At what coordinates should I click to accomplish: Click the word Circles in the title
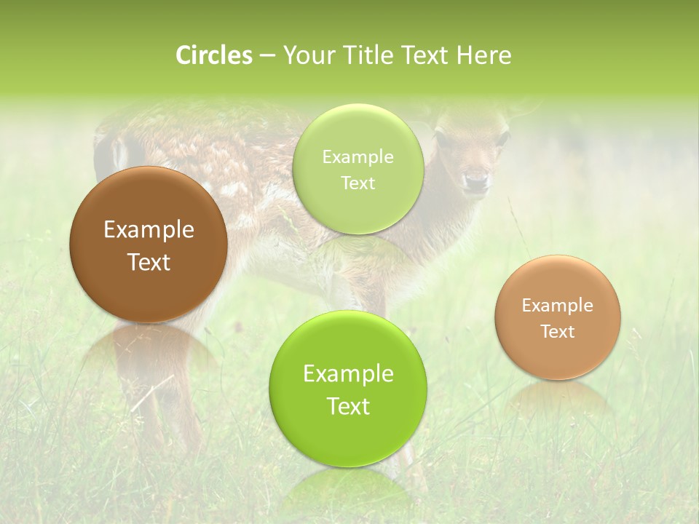point(214,55)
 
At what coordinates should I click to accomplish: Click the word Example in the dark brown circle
point(149,230)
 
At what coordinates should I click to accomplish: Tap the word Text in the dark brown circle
point(149,262)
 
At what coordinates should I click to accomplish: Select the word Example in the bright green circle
point(348,374)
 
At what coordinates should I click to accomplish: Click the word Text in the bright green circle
point(348,406)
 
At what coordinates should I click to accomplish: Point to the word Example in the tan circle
point(558,306)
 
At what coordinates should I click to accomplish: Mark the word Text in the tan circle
point(558,332)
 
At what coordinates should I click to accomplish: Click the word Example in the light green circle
point(358,157)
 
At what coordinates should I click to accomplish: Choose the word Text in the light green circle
point(358,183)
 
